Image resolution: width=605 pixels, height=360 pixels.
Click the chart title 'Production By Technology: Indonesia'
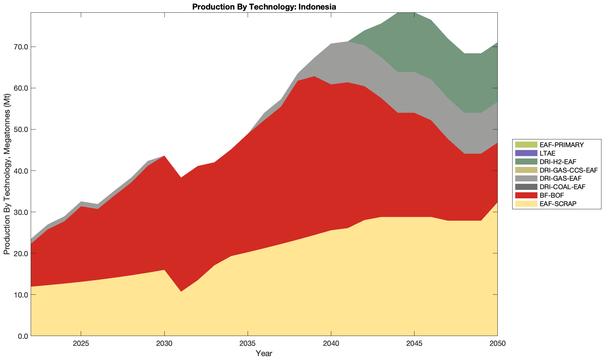point(264,7)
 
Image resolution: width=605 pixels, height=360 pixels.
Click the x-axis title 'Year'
point(264,353)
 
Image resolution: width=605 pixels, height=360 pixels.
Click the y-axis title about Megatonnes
point(7,174)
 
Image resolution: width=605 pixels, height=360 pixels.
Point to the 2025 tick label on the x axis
point(81,344)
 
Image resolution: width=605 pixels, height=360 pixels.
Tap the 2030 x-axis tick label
point(164,344)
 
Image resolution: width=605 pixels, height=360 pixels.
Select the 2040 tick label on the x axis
point(331,344)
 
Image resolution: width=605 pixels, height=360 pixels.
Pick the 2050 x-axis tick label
point(497,344)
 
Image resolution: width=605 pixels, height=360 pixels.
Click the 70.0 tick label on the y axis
point(20,47)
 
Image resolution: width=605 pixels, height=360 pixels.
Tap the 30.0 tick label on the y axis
point(20,212)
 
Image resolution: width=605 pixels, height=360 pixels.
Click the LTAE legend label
point(547,153)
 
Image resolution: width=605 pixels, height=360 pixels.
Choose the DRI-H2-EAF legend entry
point(558,162)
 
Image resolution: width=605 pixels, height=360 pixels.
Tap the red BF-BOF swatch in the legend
point(526,195)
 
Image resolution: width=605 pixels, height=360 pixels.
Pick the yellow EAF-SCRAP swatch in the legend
point(526,204)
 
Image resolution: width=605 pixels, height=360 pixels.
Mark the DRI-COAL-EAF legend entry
point(562,187)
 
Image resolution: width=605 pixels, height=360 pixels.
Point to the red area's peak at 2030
point(164,157)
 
